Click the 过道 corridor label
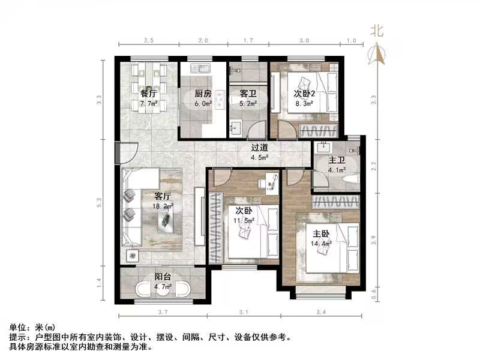point(259,148)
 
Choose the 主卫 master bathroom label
point(335,160)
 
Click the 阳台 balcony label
point(163,277)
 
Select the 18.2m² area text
point(164,205)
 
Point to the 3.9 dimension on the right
point(374,241)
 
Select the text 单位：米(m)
point(32,328)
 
